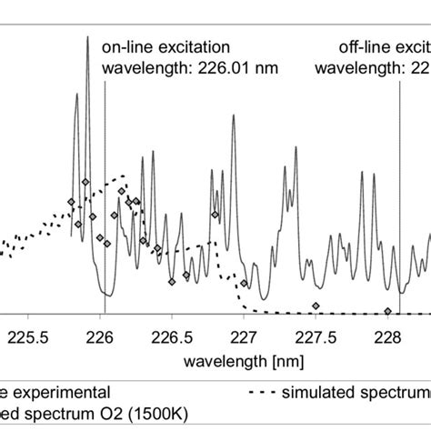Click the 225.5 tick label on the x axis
click(27, 336)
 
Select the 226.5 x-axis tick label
click(171, 336)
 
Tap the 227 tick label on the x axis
click(244, 336)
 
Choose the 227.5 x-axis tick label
click(316, 336)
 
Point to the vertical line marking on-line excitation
click(105, 182)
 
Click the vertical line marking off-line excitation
click(399, 182)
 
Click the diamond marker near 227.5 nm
click(316, 305)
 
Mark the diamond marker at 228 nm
click(388, 310)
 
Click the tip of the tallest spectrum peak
click(87, 39)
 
